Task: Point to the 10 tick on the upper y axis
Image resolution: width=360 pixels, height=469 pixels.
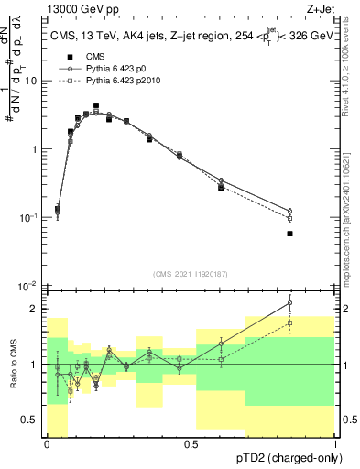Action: [x=33, y=81]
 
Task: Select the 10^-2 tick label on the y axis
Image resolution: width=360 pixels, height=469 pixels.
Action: [x=30, y=286]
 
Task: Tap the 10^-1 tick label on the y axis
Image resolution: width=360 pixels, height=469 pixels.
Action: [x=30, y=218]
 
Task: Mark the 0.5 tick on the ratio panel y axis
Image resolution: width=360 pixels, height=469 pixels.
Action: [x=33, y=420]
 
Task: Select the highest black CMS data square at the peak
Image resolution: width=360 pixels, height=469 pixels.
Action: [x=96, y=106]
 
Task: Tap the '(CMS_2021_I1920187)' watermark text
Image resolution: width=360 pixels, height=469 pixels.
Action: [x=191, y=273]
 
